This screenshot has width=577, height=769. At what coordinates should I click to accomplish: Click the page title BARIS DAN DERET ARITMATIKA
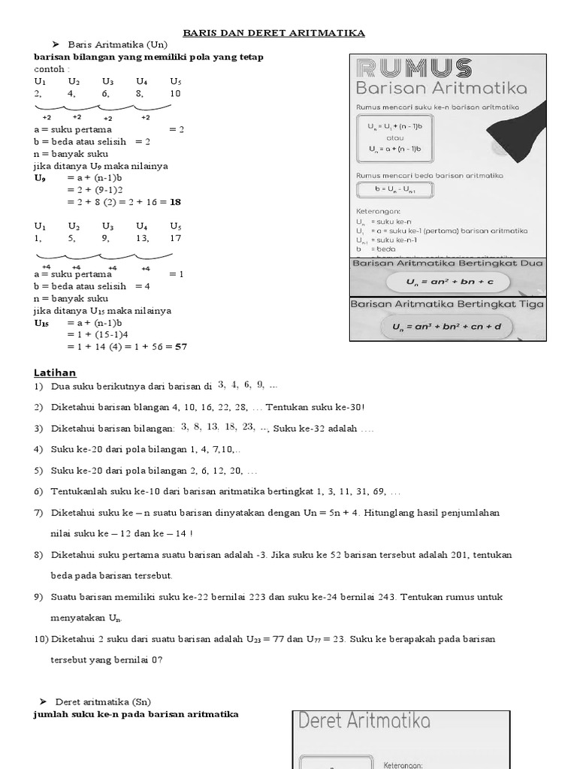coord(274,33)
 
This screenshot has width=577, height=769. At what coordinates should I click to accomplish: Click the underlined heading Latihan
coord(55,372)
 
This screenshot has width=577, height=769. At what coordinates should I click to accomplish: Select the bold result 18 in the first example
coord(176,202)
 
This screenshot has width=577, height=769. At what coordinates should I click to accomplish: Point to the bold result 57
coord(180,346)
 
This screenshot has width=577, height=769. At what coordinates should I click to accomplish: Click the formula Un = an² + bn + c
coord(448,282)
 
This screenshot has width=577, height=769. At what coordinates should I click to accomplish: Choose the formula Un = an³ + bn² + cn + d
coord(448,327)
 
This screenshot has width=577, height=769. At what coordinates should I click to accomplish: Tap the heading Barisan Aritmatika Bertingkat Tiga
coord(448,304)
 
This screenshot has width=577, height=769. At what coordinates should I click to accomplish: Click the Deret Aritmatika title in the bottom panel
coord(364,722)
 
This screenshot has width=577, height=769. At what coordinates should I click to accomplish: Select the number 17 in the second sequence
coord(175,238)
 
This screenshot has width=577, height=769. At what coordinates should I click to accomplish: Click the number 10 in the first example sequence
coord(175,94)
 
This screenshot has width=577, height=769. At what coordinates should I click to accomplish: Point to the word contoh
coord(50,68)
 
